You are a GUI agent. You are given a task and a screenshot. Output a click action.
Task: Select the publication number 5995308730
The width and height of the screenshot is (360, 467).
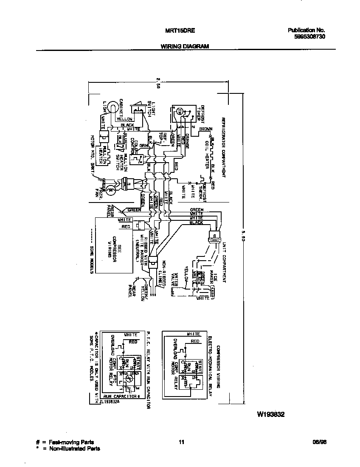(x=309, y=37)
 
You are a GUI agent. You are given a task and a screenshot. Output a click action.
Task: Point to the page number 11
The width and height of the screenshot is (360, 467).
(x=181, y=442)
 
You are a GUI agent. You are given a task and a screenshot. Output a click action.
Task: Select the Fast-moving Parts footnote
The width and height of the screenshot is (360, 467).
(x=67, y=442)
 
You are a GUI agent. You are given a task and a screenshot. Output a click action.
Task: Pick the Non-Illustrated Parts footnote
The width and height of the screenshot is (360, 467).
(x=70, y=448)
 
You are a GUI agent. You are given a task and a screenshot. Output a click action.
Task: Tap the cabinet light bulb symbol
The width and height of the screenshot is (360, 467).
(x=112, y=107)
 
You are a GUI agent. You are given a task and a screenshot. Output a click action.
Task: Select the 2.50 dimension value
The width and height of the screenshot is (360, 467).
(x=158, y=82)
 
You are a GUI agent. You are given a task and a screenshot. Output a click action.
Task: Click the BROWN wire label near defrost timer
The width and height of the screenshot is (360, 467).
(x=206, y=129)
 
